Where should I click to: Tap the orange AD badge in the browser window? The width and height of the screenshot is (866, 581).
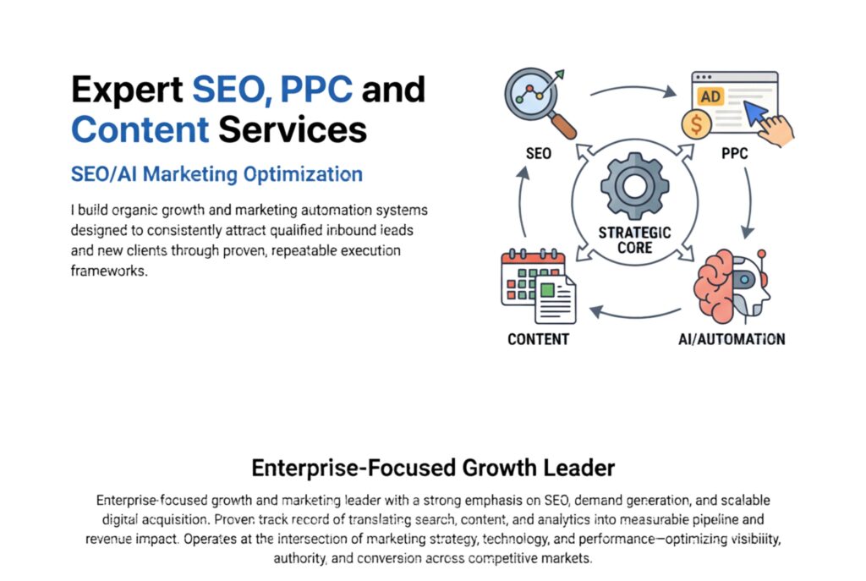(x=710, y=96)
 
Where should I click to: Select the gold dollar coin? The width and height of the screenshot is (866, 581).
(x=696, y=123)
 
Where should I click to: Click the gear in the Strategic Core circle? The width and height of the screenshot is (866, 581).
(x=634, y=187)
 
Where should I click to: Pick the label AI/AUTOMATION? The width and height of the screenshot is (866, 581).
(x=732, y=339)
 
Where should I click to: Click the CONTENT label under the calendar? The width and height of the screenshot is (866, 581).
(x=539, y=339)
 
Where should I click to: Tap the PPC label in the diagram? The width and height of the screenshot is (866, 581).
(x=735, y=153)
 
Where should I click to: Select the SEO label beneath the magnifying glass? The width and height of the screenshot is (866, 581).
(x=539, y=153)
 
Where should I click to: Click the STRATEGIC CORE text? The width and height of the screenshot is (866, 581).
(x=634, y=239)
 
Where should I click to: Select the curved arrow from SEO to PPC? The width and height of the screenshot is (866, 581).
(x=634, y=87)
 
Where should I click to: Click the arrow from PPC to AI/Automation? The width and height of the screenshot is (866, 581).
(x=750, y=202)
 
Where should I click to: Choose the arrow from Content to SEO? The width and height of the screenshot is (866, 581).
(x=521, y=202)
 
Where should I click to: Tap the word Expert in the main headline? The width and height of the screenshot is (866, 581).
(x=127, y=90)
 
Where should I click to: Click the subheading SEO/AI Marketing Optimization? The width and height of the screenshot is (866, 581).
(x=216, y=174)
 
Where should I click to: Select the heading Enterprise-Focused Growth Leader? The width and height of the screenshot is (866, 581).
(x=433, y=468)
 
